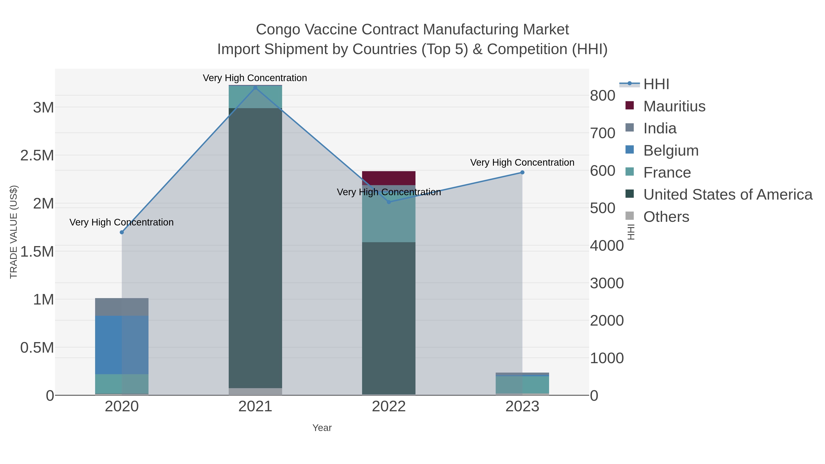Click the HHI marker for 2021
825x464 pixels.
255,88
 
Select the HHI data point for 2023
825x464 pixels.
522,173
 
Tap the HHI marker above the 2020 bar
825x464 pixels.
122,232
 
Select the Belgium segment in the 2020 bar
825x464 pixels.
122,345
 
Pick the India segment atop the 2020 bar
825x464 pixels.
122,307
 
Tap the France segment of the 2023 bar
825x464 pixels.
522,384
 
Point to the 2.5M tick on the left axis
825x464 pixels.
37,156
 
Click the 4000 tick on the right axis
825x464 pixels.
607,246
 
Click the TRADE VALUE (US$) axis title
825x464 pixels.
14,232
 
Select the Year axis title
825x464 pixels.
322,428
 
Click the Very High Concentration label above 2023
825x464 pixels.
522,163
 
